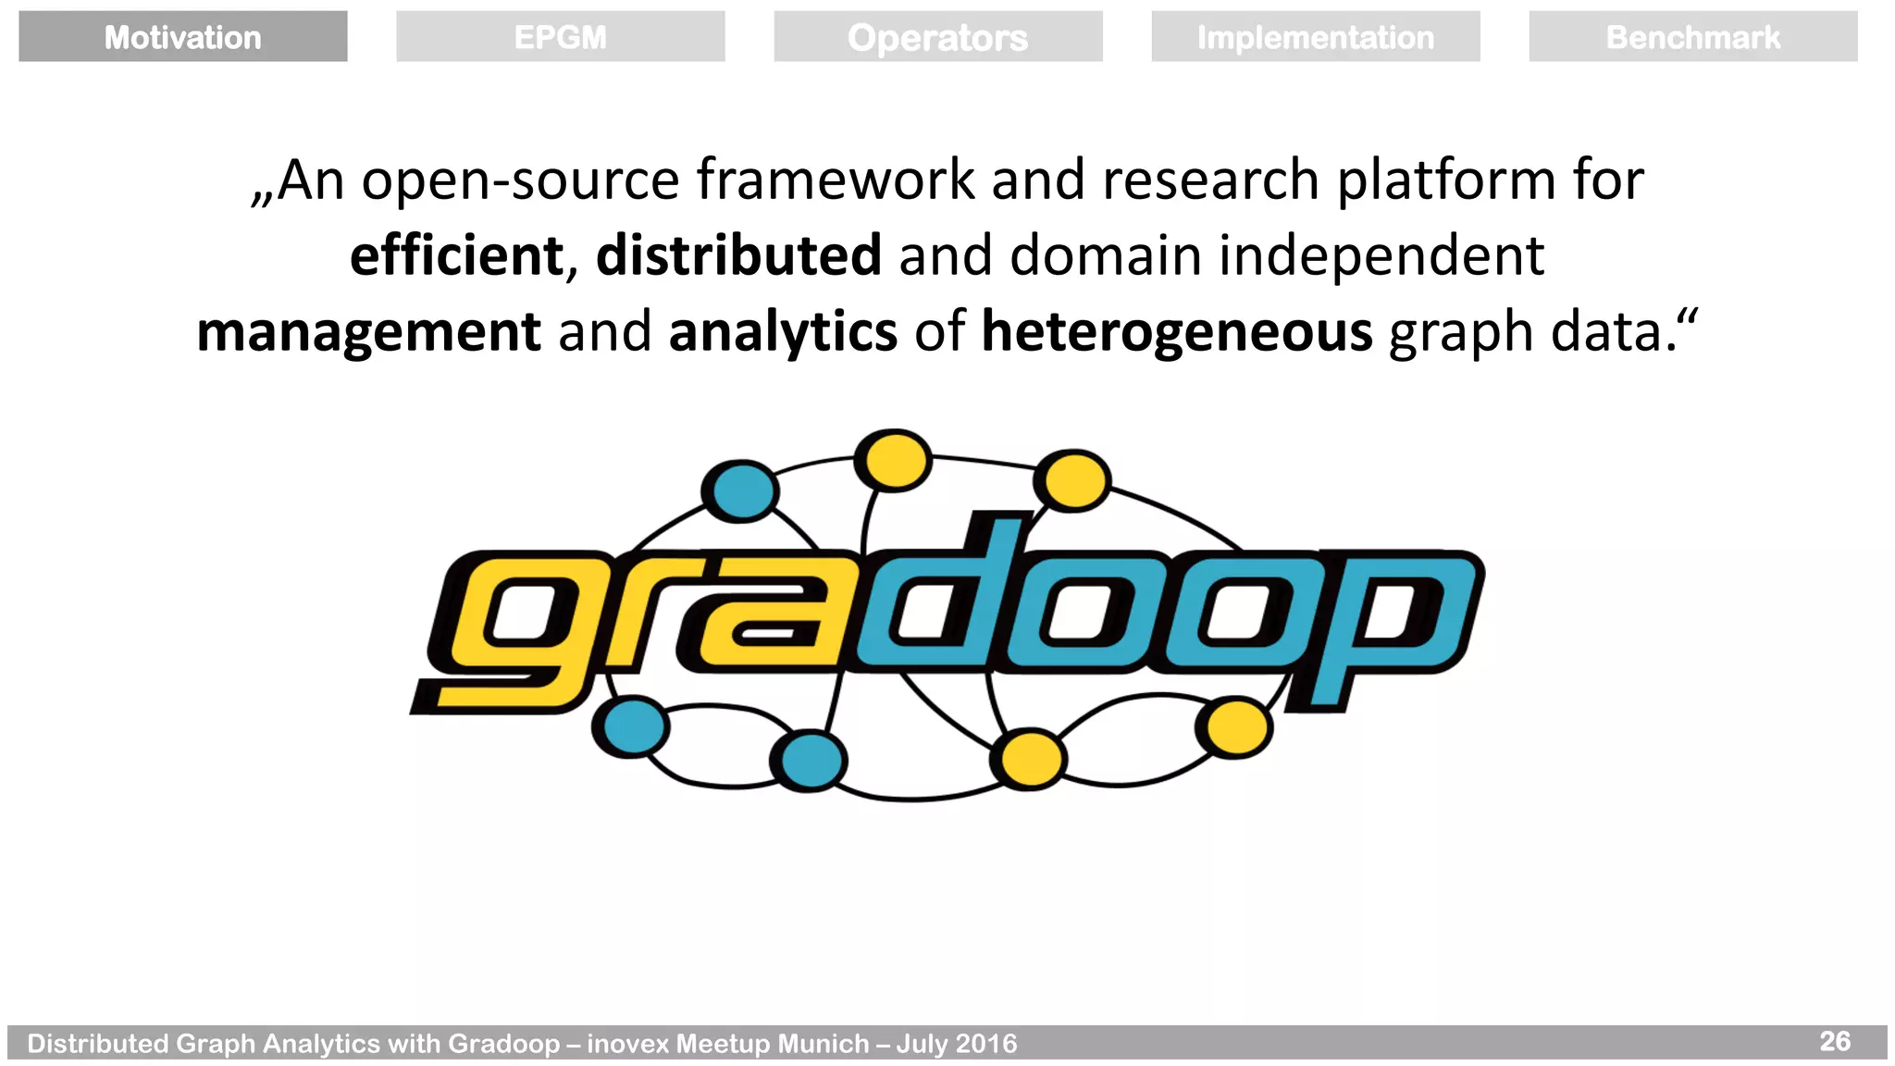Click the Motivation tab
pyautogui.click(x=182, y=37)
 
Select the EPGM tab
pyautogui.click(x=560, y=37)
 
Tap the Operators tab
pyautogui.click(x=937, y=37)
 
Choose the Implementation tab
pyautogui.click(x=1315, y=37)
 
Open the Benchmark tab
pyautogui.click(x=1692, y=37)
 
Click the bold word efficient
pyautogui.click(x=456, y=255)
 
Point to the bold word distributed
pyautogui.click(x=738, y=255)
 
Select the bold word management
pyautogui.click(x=368, y=332)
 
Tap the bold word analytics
pyautogui.click(x=783, y=332)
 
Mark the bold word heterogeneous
pyautogui.click(x=1177, y=332)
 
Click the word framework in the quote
pyautogui.click(x=835, y=180)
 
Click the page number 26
pyautogui.click(x=1835, y=1041)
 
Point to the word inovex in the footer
pyautogui.click(x=627, y=1044)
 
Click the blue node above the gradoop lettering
pyautogui.click(x=740, y=490)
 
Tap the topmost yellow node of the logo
pyautogui.click(x=893, y=459)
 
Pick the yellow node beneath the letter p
pyautogui.click(x=1235, y=727)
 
